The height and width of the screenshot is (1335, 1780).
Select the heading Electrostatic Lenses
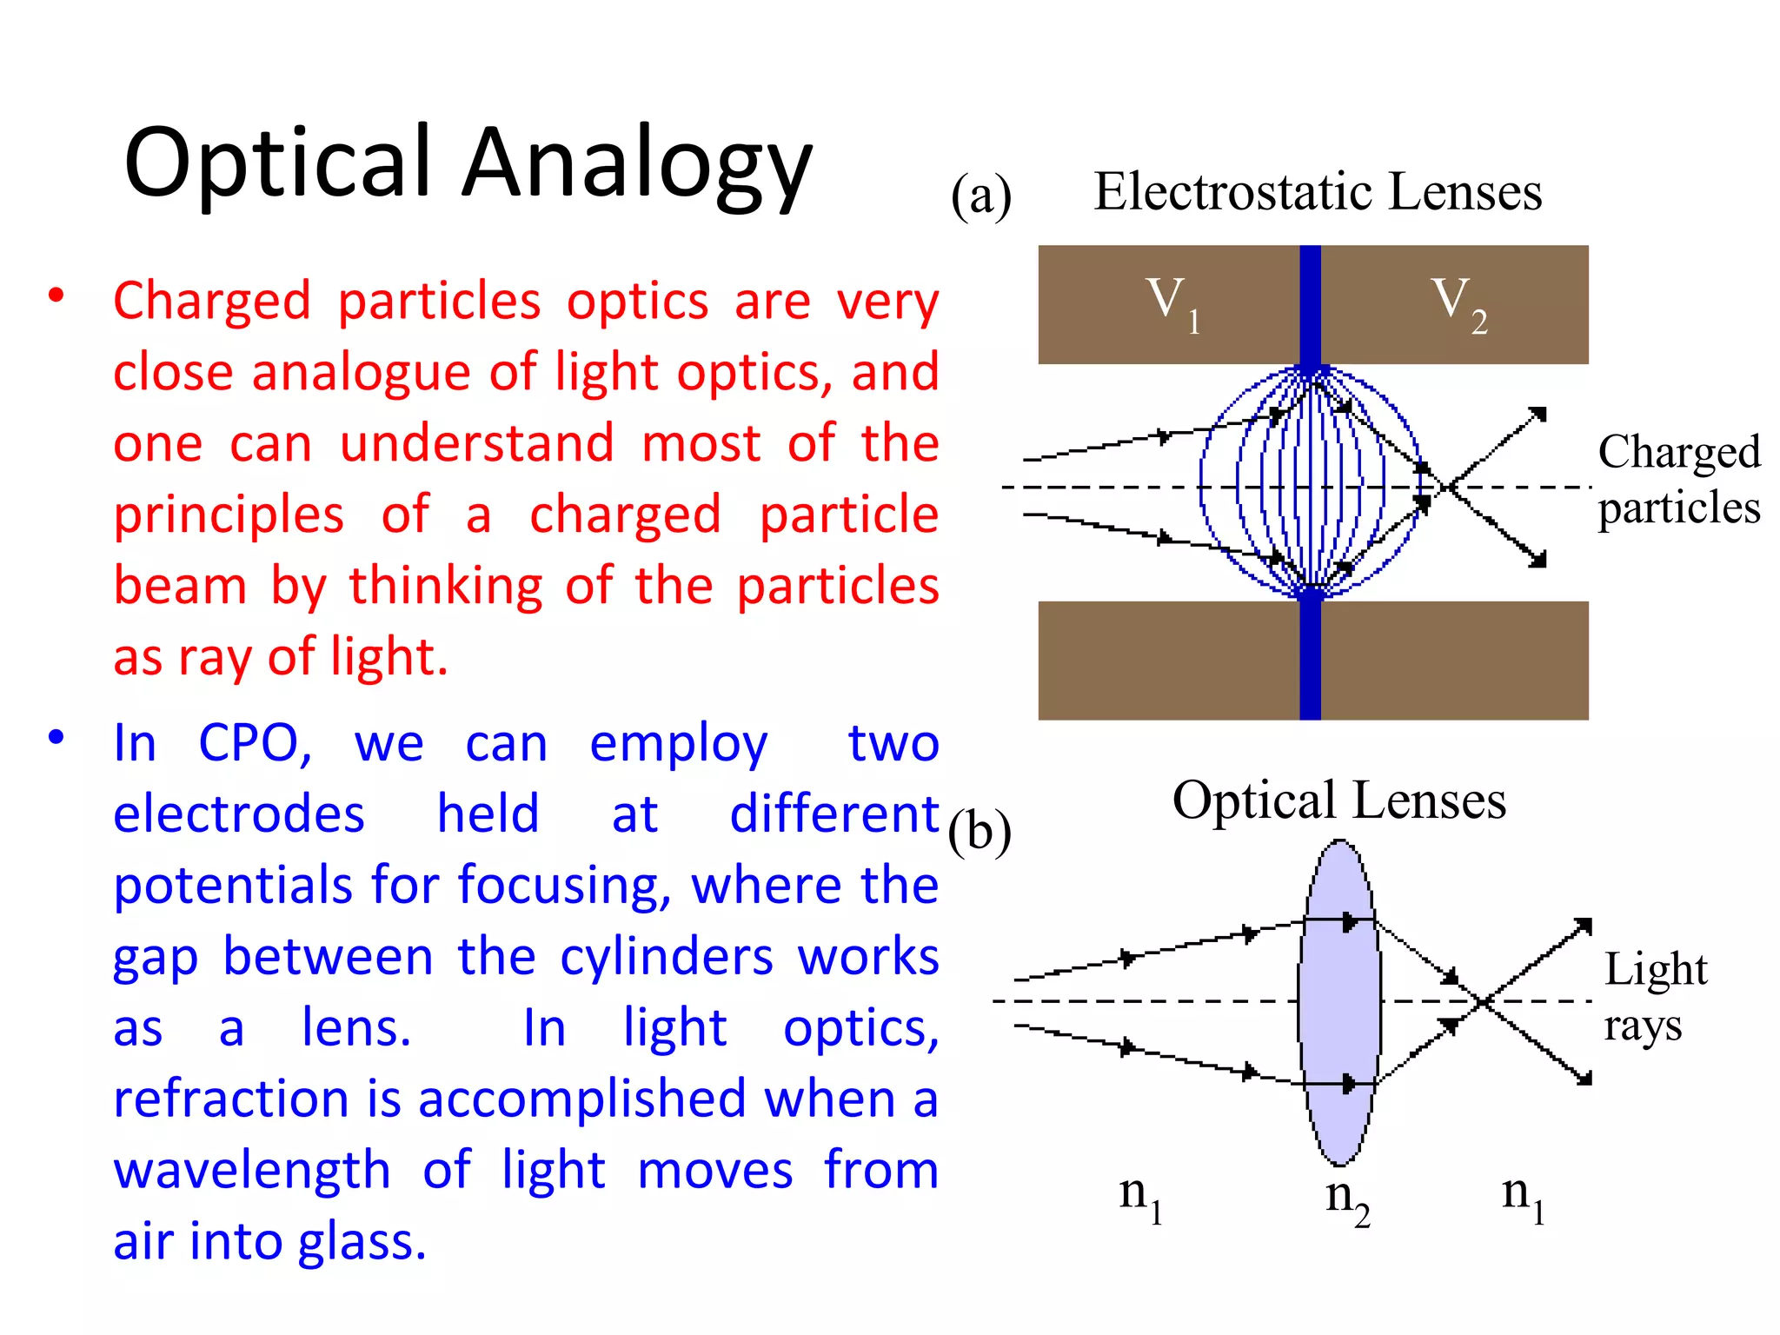[1317, 192]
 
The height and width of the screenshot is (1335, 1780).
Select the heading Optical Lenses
[1338, 800]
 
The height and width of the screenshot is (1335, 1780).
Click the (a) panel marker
[981, 196]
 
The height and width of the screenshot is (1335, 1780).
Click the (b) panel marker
[980, 833]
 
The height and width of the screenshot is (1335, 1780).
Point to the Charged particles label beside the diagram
[1678, 479]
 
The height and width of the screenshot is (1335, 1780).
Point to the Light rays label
[1655, 997]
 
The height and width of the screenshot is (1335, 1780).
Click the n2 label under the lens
[1347, 1199]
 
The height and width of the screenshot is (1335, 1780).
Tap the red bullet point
[56, 296]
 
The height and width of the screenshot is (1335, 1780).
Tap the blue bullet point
[56, 738]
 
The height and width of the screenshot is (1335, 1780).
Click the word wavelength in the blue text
[252, 1171]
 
